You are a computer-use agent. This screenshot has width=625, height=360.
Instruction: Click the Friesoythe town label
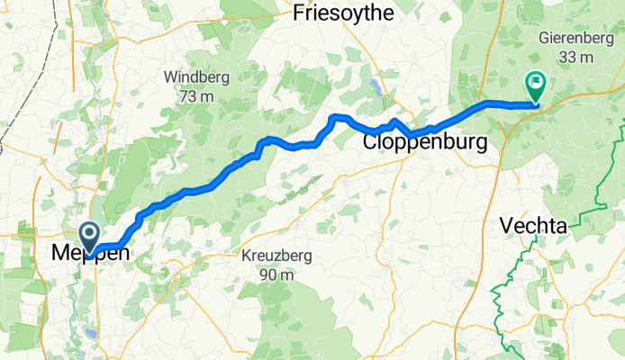[343, 13]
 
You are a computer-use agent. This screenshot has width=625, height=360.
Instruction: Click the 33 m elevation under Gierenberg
[578, 58]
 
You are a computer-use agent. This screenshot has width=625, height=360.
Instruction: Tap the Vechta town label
[535, 228]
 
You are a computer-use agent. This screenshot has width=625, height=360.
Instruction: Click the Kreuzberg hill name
[276, 256]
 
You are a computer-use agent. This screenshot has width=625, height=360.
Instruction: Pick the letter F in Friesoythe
[301, 13]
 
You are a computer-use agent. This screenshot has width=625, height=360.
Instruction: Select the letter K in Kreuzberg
[247, 256]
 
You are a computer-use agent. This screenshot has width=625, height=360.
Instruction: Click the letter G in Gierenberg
[544, 40]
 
